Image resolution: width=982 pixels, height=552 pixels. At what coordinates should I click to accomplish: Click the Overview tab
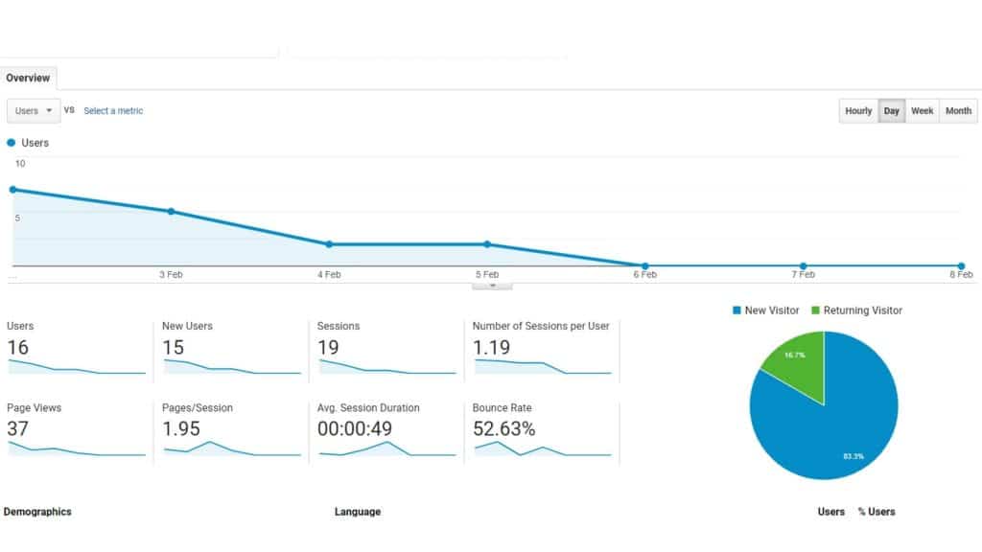click(28, 78)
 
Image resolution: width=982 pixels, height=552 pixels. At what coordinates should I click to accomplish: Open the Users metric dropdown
click(34, 111)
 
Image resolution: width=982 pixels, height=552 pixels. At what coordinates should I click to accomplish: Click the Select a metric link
click(113, 111)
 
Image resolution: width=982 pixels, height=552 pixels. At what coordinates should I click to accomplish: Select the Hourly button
click(858, 111)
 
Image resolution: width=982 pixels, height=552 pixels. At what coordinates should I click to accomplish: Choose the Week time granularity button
click(922, 111)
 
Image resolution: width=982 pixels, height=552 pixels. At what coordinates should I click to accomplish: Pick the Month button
click(958, 111)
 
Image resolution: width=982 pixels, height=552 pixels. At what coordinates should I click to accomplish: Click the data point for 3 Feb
click(171, 211)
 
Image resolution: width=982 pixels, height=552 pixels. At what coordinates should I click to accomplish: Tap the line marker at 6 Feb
click(645, 265)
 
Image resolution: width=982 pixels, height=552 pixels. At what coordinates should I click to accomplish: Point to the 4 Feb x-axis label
click(329, 275)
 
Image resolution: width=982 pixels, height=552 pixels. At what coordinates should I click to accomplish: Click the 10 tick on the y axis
click(20, 164)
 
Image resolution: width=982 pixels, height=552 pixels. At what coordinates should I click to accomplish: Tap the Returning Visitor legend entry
click(856, 310)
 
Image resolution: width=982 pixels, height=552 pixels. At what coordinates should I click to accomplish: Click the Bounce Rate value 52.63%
click(503, 429)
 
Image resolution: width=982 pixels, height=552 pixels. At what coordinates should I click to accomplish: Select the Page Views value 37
click(17, 429)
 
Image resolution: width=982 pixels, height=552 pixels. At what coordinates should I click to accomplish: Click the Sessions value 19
click(328, 347)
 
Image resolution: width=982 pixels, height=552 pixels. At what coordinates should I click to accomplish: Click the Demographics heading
click(37, 512)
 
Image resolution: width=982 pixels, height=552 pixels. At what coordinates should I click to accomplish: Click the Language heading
click(358, 512)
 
